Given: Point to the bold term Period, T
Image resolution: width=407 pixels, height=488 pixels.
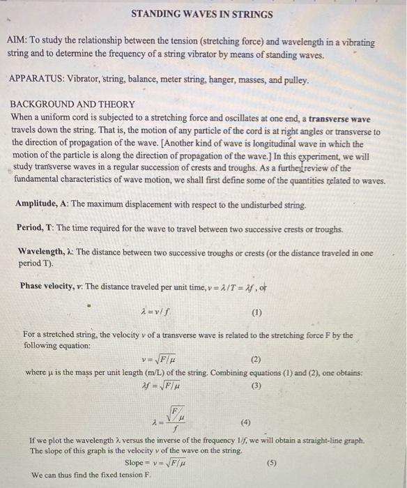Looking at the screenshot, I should pyautogui.click(x=37, y=229).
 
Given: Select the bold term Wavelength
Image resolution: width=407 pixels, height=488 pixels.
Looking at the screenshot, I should pyautogui.click(x=41, y=253).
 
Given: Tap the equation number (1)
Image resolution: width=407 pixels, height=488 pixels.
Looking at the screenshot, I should pyautogui.click(x=256, y=313).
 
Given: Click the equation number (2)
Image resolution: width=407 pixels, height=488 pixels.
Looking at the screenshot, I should pyautogui.click(x=255, y=360).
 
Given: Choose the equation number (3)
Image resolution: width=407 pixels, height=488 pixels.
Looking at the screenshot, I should pyautogui.click(x=256, y=385).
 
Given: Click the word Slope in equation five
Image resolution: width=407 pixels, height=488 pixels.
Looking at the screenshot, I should pyautogui.click(x=136, y=463).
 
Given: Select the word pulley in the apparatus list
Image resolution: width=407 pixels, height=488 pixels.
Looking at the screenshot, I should pyautogui.click(x=293, y=80).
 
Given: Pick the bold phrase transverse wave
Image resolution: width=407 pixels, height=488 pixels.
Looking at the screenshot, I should pyautogui.click(x=339, y=119).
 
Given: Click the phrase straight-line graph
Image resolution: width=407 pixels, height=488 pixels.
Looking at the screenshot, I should pyautogui.click(x=328, y=441).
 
